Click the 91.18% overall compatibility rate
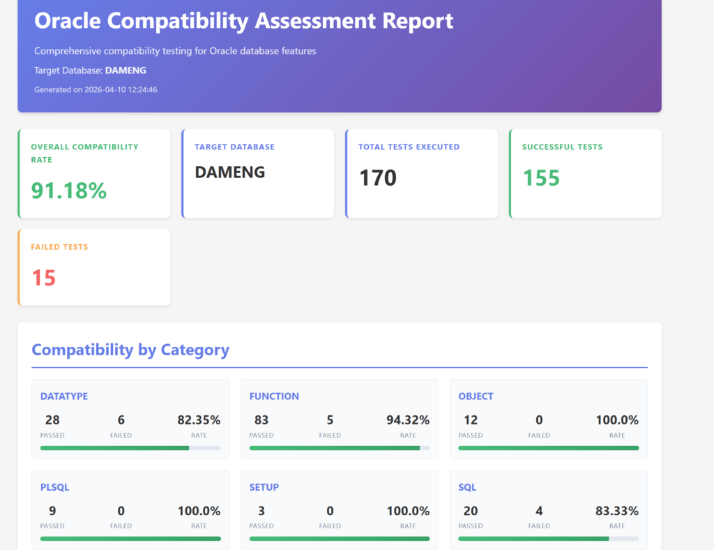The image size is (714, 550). pyautogui.click(x=69, y=190)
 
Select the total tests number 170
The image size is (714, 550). pyautogui.click(x=378, y=178)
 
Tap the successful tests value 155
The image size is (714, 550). pyautogui.click(x=541, y=178)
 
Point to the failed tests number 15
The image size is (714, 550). pyautogui.click(x=43, y=278)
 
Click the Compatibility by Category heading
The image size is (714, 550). pyautogui.click(x=130, y=350)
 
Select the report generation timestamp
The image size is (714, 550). pyautogui.click(x=96, y=89)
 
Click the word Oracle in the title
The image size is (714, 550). pyautogui.click(x=68, y=21)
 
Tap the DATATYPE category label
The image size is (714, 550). pyautogui.click(x=64, y=396)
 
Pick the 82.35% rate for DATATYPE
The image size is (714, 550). pyautogui.click(x=199, y=420)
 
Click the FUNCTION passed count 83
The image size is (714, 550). pyautogui.click(x=261, y=420)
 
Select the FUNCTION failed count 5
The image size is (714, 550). pyautogui.click(x=330, y=420)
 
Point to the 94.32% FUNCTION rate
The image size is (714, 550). pyautogui.click(x=408, y=420)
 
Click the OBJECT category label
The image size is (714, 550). pyautogui.click(x=476, y=396)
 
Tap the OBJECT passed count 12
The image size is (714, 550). pyautogui.click(x=471, y=420)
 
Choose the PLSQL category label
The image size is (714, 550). pyautogui.click(x=55, y=487)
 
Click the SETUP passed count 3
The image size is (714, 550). pyautogui.click(x=261, y=511)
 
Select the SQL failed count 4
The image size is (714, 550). pyautogui.click(x=539, y=511)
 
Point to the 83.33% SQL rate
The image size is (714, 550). pyautogui.click(x=617, y=511)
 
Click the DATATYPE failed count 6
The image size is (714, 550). pyautogui.click(x=121, y=420)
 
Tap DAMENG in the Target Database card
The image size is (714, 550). pyautogui.click(x=230, y=172)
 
